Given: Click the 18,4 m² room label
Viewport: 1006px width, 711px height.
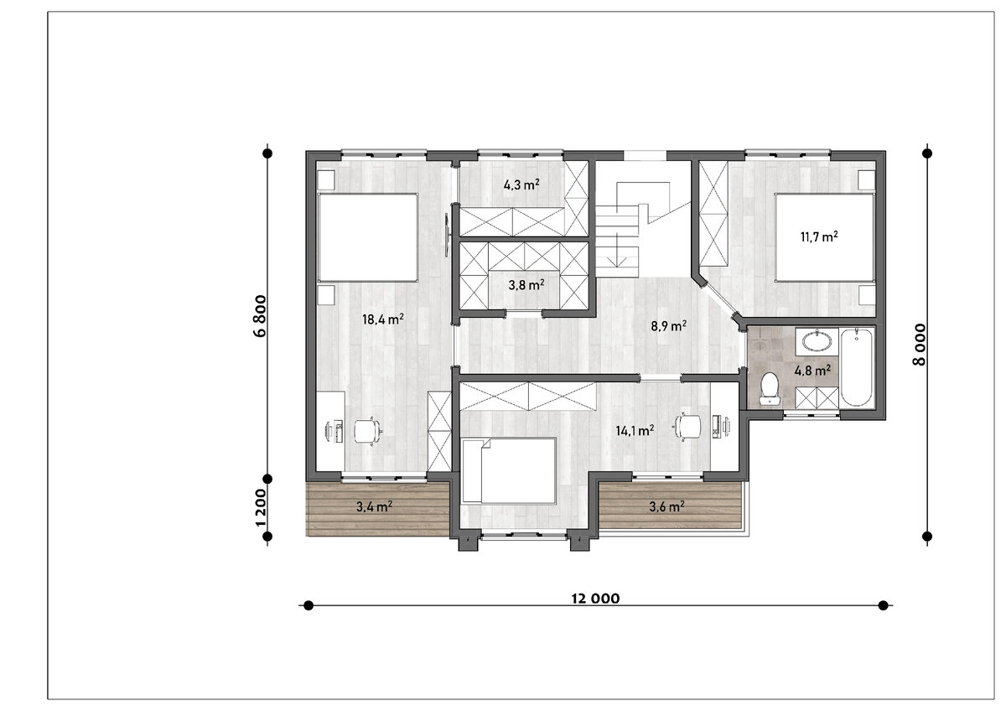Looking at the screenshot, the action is point(382,319).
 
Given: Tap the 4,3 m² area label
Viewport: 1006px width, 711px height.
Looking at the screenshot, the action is point(521,184).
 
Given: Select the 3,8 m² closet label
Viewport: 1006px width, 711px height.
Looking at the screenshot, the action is point(526,285).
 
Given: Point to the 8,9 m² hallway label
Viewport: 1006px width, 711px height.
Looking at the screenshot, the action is point(669,325).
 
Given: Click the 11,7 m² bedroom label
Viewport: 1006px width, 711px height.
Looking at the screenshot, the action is point(819,236).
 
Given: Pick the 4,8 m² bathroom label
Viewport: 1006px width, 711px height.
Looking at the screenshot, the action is point(812,371).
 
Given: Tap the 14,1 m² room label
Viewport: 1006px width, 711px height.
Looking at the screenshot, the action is point(635,431).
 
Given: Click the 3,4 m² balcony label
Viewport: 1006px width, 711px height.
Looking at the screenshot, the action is point(374,506).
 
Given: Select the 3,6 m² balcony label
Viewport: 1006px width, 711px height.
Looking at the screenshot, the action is point(667,506).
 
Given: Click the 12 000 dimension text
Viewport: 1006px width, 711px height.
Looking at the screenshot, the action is point(595,599).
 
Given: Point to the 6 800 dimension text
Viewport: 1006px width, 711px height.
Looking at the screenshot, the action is point(260,316).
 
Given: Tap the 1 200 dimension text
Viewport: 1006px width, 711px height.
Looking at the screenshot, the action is point(260,508).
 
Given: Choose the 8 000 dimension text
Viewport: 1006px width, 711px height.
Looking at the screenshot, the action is point(920,345).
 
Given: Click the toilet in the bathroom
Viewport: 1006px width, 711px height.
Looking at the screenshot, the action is point(770,388).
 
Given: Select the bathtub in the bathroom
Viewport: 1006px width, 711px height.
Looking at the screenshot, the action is point(857,367).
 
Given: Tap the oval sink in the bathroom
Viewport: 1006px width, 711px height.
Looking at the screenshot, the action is point(817,341).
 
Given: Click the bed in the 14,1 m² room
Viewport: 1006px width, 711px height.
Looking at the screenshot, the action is point(510,470).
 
